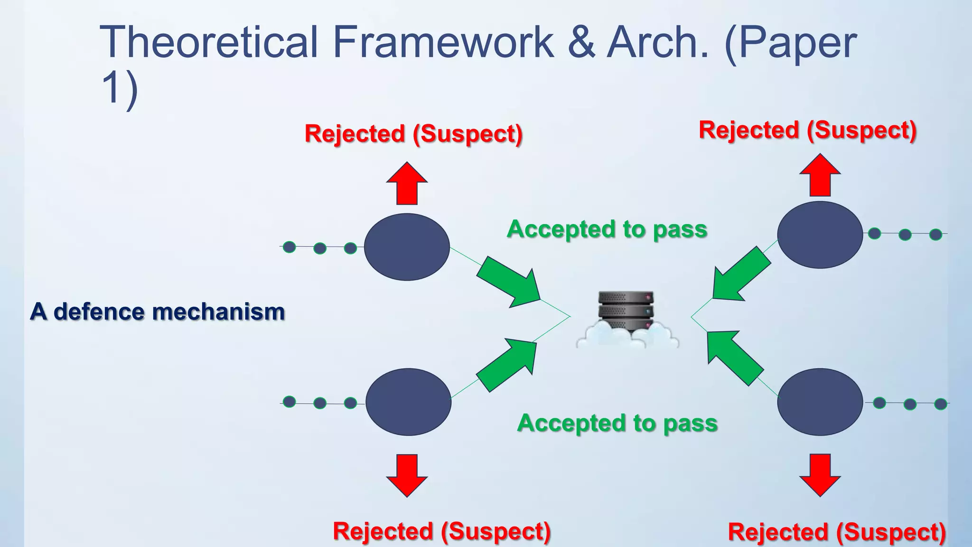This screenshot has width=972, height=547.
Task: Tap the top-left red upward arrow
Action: point(407,184)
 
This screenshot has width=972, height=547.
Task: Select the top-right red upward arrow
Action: point(820,176)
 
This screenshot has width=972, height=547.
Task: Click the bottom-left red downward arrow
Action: point(407,475)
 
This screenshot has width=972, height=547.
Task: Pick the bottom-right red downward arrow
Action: point(820,474)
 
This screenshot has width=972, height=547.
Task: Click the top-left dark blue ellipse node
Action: point(407,247)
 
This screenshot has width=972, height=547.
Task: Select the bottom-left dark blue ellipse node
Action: point(408,402)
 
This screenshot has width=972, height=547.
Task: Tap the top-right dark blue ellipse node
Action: point(820,235)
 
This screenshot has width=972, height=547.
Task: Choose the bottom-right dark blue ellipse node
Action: point(820,402)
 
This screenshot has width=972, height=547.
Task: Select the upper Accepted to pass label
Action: point(607,229)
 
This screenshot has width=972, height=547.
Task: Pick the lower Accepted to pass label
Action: point(617,423)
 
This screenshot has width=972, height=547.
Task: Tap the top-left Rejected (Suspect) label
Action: point(413,134)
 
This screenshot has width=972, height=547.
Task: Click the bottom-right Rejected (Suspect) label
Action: point(837,532)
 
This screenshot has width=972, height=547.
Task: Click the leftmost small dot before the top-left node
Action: point(290,247)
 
